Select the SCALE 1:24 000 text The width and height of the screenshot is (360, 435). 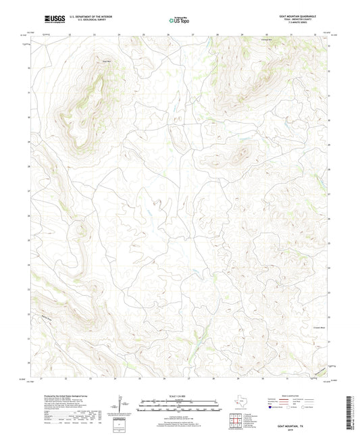click(180, 395)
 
